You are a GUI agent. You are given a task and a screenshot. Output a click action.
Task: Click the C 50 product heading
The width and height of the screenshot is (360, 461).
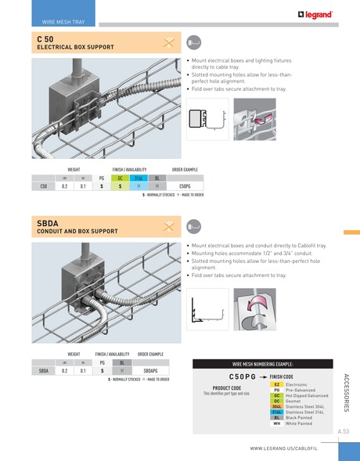(x=45, y=38)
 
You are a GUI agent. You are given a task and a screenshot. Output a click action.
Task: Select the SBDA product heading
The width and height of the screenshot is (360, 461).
(x=48, y=223)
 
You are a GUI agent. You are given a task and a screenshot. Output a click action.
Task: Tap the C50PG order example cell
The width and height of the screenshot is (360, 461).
(x=185, y=186)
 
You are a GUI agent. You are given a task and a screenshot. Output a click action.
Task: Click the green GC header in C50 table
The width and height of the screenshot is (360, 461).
(x=120, y=178)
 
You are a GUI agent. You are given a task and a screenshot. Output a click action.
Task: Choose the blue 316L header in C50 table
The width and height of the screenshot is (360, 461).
(x=138, y=178)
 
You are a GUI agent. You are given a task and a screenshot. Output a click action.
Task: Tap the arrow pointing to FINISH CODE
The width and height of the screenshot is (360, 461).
(x=262, y=376)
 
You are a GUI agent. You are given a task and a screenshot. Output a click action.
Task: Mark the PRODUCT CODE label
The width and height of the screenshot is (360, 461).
(x=226, y=387)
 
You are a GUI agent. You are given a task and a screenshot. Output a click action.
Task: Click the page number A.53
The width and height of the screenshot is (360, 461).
(x=343, y=431)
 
